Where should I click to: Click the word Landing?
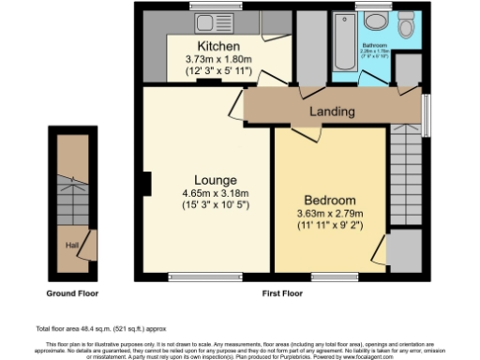pyautogui.click(x=334, y=112)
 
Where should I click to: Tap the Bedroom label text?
pyautogui.click(x=330, y=201)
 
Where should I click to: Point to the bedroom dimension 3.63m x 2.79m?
pyautogui.click(x=330, y=215)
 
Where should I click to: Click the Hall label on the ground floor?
pyautogui.click(x=71, y=246)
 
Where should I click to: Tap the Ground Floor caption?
pyautogui.click(x=74, y=292)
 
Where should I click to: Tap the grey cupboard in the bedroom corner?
pyautogui.click(x=404, y=251)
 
